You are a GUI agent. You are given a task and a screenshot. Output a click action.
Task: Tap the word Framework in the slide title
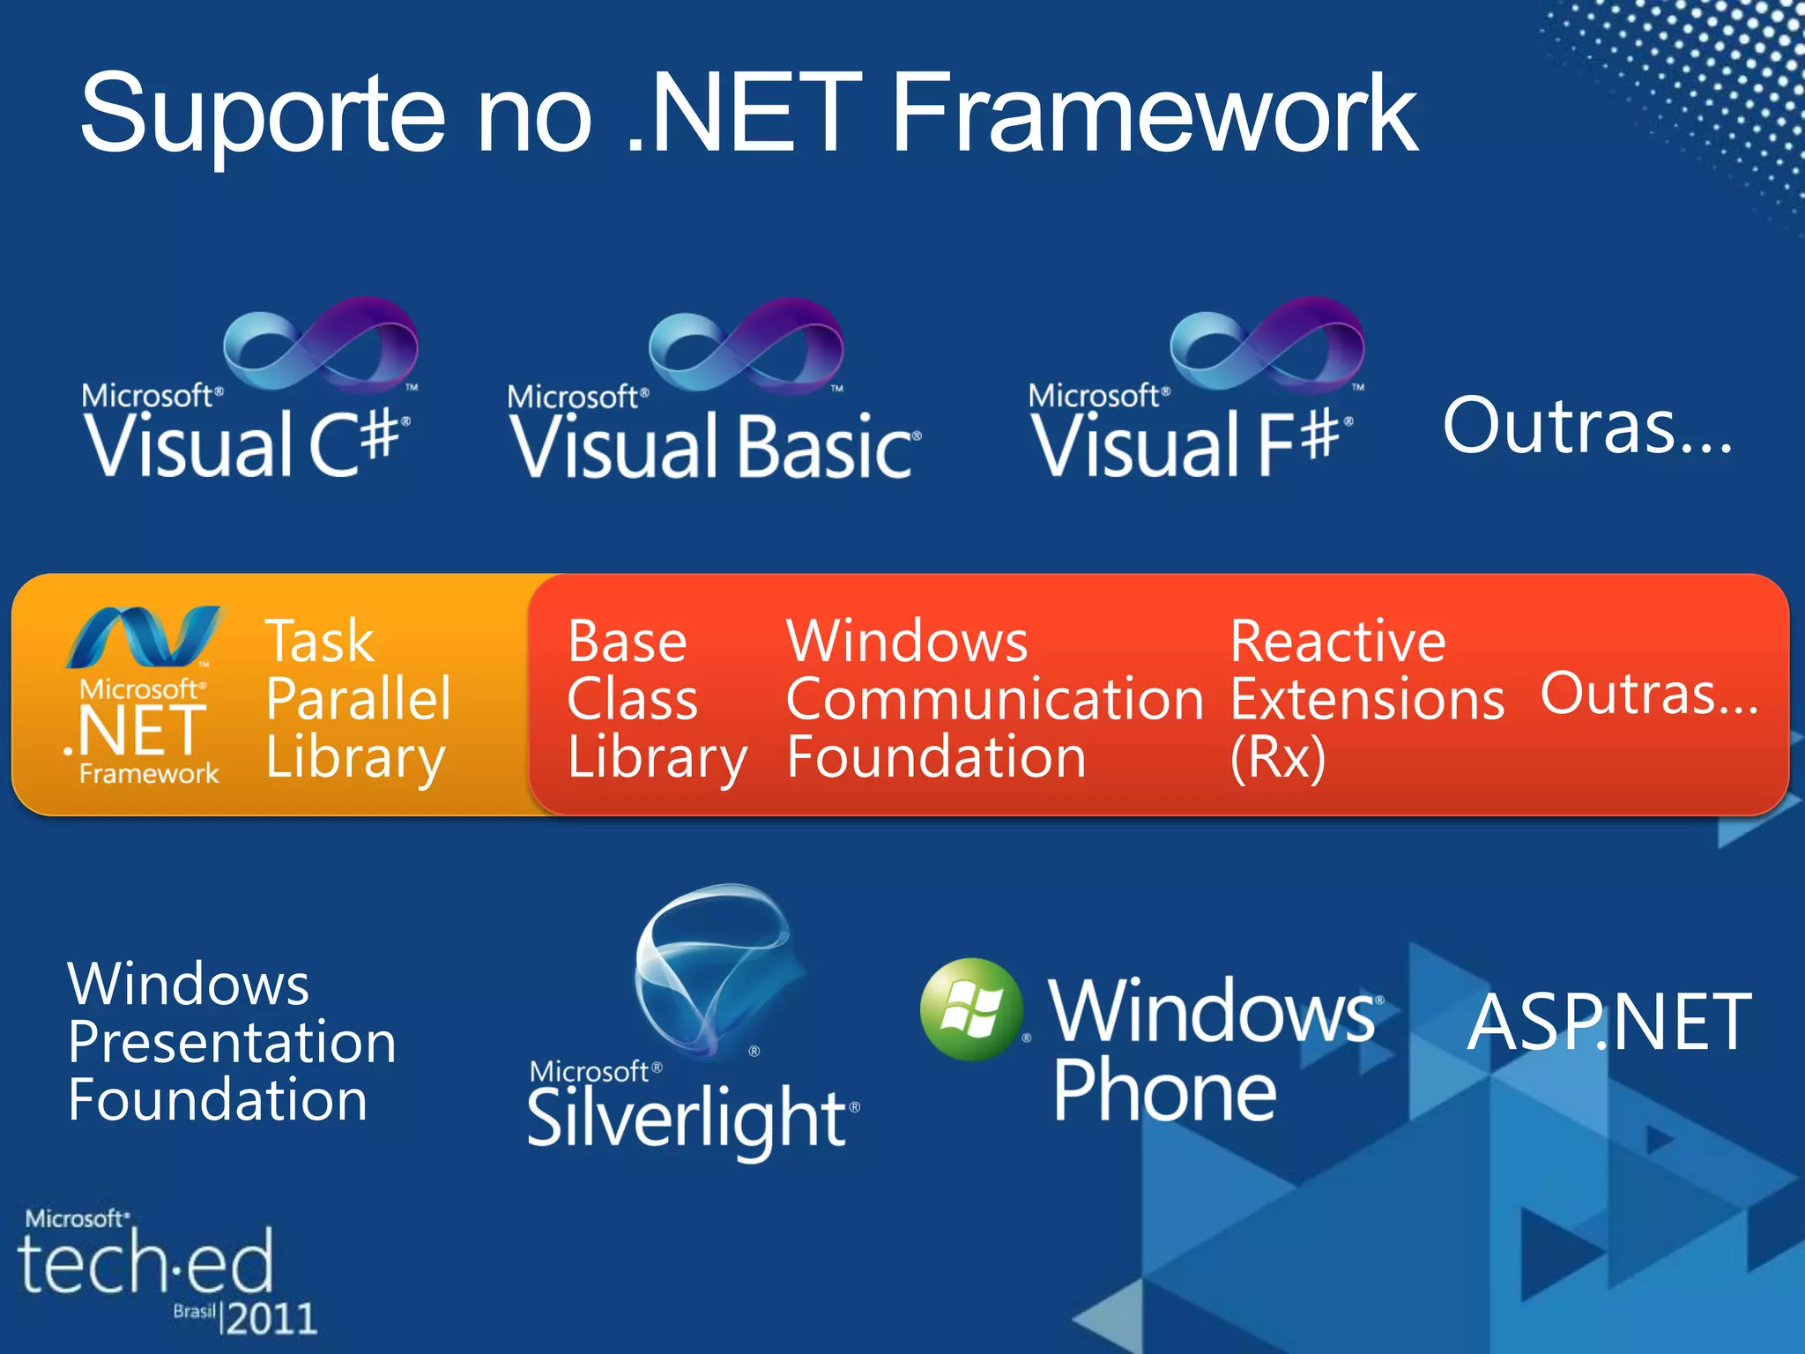pos(1155,115)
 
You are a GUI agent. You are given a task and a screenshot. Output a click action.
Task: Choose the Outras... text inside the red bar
pos(1649,694)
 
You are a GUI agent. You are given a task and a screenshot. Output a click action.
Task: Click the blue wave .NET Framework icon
pos(145,636)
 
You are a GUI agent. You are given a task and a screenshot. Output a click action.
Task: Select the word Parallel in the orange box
pos(359,699)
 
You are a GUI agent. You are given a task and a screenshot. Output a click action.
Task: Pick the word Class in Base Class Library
pos(632,700)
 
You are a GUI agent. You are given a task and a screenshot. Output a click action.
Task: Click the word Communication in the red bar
pos(994,700)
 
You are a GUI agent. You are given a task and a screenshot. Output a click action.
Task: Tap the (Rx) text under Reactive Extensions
pos(1278,758)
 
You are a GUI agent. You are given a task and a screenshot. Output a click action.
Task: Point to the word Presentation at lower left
pos(232,1042)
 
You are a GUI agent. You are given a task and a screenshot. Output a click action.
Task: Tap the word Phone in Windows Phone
pos(1164,1091)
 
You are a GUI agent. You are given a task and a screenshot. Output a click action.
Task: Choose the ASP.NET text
pos(1609,1023)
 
